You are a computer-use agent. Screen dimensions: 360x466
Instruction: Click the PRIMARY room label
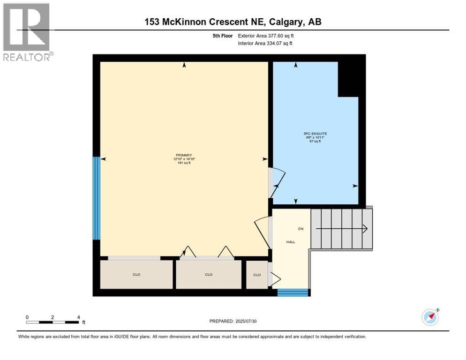click(184, 155)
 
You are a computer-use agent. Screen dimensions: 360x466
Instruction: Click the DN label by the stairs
click(301, 229)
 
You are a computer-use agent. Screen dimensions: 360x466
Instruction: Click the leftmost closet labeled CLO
click(136, 275)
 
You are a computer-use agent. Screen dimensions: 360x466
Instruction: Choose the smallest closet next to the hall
click(257, 275)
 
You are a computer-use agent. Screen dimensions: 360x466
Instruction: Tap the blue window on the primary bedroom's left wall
click(96, 198)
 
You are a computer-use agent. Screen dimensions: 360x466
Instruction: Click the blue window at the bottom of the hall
click(293, 292)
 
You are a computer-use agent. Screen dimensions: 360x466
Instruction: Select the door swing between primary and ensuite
click(277, 182)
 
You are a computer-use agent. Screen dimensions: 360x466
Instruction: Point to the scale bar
click(53, 322)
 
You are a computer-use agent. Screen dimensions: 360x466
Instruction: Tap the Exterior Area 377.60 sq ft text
click(266, 36)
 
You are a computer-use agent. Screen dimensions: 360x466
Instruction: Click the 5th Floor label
click(222, 36)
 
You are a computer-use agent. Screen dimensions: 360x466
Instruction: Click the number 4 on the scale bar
click(78, 317)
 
